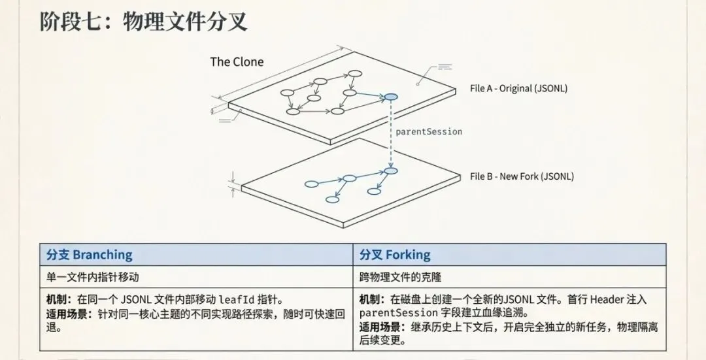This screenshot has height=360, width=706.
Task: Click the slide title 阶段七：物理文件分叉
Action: point(144,22)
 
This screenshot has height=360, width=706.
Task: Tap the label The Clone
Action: point(237,62)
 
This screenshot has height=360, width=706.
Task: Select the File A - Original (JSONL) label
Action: point(518,88)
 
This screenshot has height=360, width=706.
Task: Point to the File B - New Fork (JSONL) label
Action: point(522,176)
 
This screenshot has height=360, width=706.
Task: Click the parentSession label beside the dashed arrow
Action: point(429,131)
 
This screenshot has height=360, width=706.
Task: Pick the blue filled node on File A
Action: point(390,97)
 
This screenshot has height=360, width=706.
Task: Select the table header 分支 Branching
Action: point(90,255)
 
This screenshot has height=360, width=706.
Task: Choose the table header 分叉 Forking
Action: point(395,255)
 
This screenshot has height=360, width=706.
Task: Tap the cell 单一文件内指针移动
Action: point(93,277)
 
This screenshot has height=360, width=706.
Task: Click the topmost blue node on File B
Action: point(391,171)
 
